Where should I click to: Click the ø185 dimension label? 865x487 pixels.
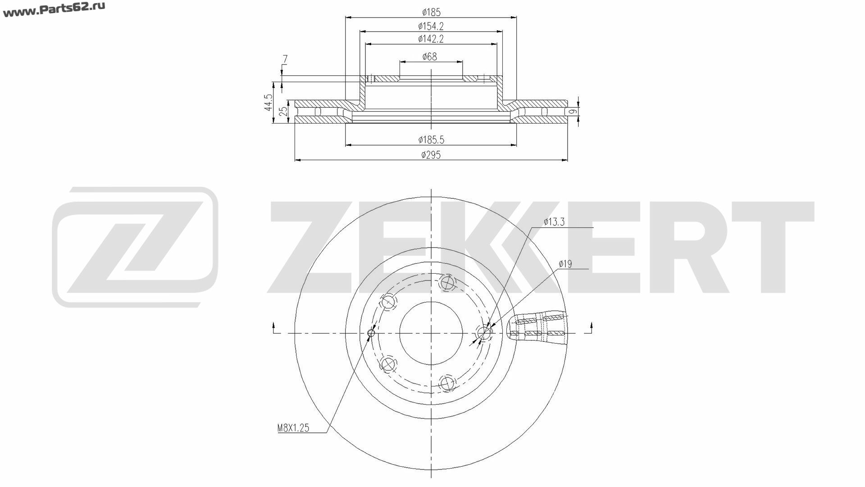click(x=431, y=12)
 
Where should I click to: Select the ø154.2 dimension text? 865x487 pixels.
click(x=431, y=26)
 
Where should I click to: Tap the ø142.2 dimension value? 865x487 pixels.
click(x=431, y=39)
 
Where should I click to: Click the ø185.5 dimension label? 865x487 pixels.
click(x=431, y=140)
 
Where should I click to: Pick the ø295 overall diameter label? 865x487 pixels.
click(x=431, y=155)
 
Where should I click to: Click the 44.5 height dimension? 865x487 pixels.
click(x=269, y=102)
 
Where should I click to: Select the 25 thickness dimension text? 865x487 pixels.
click(x=283, y=111)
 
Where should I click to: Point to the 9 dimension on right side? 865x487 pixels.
click(x=572, y=111)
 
